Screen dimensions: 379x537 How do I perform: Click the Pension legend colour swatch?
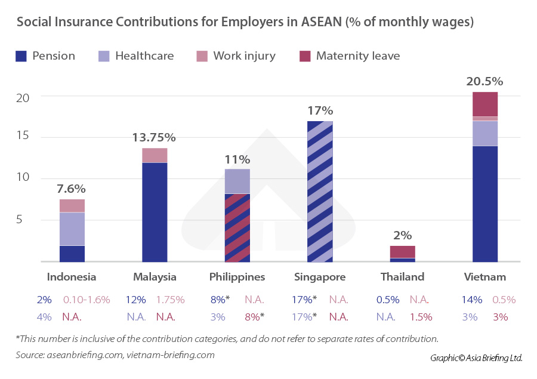[21, 56]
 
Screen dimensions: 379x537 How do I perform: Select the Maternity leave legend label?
[358, 56]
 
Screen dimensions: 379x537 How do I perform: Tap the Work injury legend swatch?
[202, 56]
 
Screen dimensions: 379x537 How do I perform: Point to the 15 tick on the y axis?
[22, 138]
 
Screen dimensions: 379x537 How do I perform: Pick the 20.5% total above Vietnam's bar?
[484, 81]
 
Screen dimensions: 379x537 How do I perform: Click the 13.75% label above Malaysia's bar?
[154, 137]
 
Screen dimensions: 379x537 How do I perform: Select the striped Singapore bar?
[320, 191]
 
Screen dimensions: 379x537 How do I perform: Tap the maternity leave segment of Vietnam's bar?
[484, 104]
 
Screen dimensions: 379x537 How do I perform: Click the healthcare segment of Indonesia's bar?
[72, 229]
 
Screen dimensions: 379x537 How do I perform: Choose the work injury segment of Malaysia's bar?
[155, 155]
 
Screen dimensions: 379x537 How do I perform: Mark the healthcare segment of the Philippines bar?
[237, 181]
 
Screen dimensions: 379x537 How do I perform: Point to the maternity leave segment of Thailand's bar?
[403, 251]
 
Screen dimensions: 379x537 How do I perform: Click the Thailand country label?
[402, 277]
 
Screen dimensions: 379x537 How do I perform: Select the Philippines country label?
[237, 277]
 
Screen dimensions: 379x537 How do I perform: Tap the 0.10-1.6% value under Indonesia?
[87, 300]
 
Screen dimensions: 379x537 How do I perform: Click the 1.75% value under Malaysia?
[170, 300]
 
